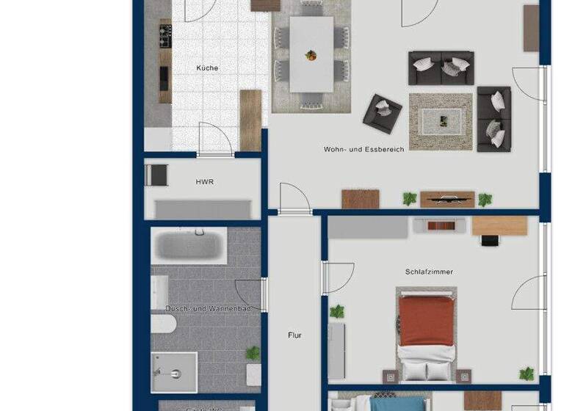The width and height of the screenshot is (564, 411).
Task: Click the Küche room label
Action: click(207, 68)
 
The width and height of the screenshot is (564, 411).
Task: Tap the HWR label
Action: click(204, 181)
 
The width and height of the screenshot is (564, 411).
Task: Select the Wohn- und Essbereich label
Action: click(364, 149)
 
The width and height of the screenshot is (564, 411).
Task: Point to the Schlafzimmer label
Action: click(429, 272)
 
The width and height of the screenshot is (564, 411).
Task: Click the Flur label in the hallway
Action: click(294, 335)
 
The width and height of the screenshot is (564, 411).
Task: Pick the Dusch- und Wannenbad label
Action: click(209, 308)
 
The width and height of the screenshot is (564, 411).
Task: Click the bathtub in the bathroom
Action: click(189, 245)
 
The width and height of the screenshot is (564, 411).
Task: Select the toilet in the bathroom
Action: click(161, 325)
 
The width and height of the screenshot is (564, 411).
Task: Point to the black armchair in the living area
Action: click(383, 112)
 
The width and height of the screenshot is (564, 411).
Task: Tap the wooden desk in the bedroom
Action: click(499, 225)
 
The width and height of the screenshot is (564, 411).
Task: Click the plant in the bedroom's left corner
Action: click(337, 311)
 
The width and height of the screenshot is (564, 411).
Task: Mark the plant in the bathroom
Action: click(253, 353)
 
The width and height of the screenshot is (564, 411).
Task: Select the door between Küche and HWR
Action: click(215, 139)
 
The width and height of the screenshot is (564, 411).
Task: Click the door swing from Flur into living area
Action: click(294, 198)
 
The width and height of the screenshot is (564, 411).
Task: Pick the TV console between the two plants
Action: click(446, 199)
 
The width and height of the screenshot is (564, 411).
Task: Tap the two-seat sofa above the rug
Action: click(441, 68)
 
